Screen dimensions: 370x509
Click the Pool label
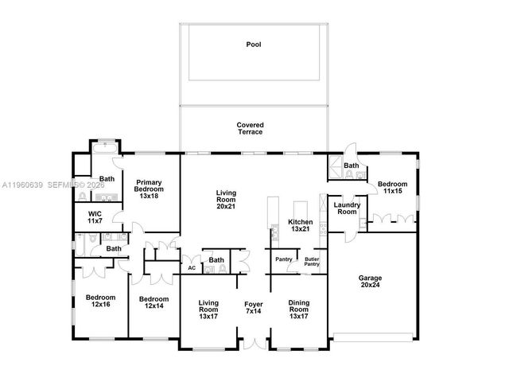tap(254, 45)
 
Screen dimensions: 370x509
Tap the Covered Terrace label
tap(250, 128)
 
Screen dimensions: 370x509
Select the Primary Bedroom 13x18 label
tap(149, 189)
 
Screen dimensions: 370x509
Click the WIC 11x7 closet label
tap(94, 217)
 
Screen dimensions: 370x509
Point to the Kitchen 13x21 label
tap(300, 226)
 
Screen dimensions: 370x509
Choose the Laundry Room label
tap(347, 208)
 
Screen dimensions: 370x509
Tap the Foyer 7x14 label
tap(254, 308)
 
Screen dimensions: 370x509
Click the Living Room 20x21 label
tap(227, 197)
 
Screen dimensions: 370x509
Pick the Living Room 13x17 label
tap(208, 308)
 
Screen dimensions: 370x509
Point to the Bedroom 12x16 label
tap(101, 302)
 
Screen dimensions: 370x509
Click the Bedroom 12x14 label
tap(154, 302)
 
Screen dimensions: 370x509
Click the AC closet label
tap(191, 268)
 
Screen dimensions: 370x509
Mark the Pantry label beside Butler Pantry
tap(283, 259)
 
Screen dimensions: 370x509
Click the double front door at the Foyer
tap(254, 345)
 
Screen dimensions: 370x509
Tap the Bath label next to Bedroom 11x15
tap(351, 166)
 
